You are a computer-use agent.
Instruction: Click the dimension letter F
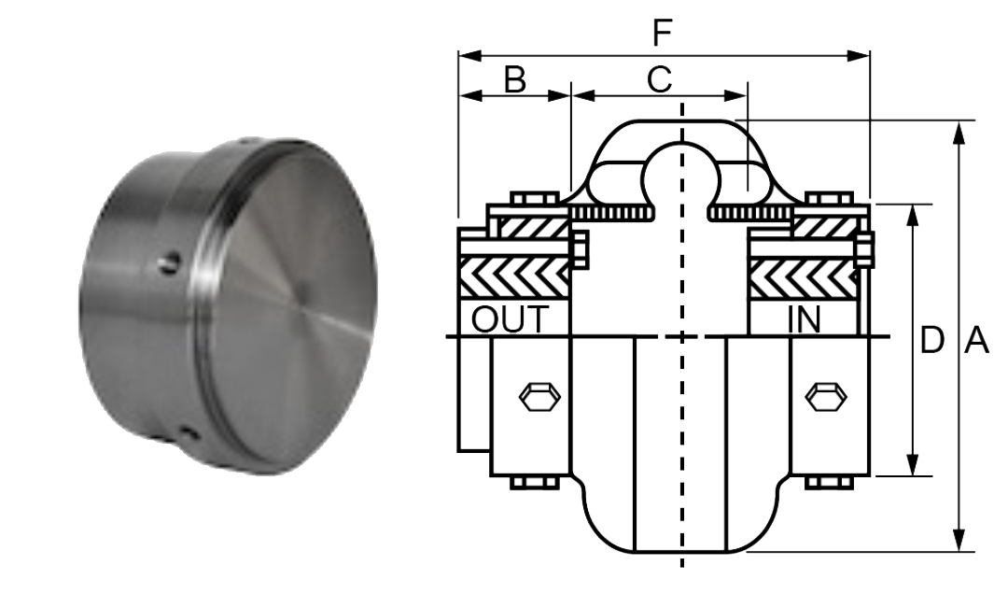[x=662, y=34]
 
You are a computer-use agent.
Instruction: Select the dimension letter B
[x=514, y=80]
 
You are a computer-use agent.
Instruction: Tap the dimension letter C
[x=659, y=80]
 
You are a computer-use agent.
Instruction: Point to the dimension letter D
[x=931, y=341]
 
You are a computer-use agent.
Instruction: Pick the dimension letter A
[x=975, y=341]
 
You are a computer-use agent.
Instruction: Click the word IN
[x=804, y=319]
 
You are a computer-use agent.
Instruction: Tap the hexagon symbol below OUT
[x=539, y=397]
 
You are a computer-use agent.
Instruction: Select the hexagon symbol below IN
[x=827, y=397]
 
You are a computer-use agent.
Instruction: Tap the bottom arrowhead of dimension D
[x=913, y=466]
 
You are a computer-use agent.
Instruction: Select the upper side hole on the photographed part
[x=169, y=263]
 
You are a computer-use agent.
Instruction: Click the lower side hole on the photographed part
[x=189, y=431]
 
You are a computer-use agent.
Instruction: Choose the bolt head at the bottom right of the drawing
[x=828, y=482]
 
